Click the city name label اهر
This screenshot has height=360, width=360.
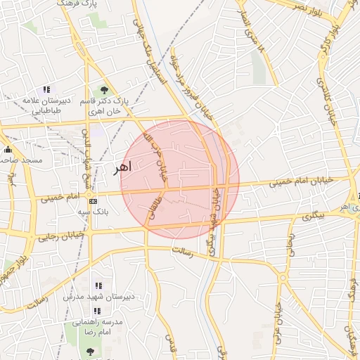tap(122, 168)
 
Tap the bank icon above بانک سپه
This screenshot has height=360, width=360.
tap(93, 201)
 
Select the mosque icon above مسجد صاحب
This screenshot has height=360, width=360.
tap(8, 150)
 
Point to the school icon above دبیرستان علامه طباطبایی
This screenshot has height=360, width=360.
tap(46, 89)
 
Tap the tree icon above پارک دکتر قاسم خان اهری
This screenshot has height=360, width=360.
tap(104, 89)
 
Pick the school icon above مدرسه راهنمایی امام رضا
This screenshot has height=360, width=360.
tap(97, 310)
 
